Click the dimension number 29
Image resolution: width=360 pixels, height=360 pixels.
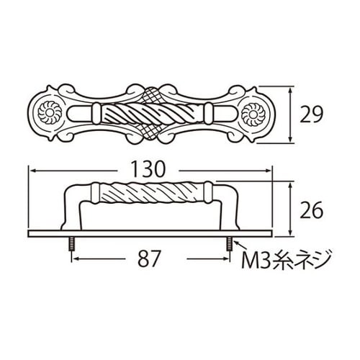tap(312, 114)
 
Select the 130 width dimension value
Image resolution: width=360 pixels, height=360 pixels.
tap(148, 168)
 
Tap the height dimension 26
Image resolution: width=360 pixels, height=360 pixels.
tap(312, 210)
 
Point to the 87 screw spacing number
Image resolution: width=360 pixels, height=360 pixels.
tap(149, 259)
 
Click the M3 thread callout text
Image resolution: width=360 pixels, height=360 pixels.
tap(287, 259)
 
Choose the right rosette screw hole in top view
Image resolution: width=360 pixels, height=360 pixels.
tap(253, 114)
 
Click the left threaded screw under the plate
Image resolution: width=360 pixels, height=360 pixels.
tap(71, 244)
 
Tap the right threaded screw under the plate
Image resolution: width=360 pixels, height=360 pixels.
tap(229, 244)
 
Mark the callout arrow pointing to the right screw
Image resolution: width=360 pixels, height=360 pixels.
tap(240, 246)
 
